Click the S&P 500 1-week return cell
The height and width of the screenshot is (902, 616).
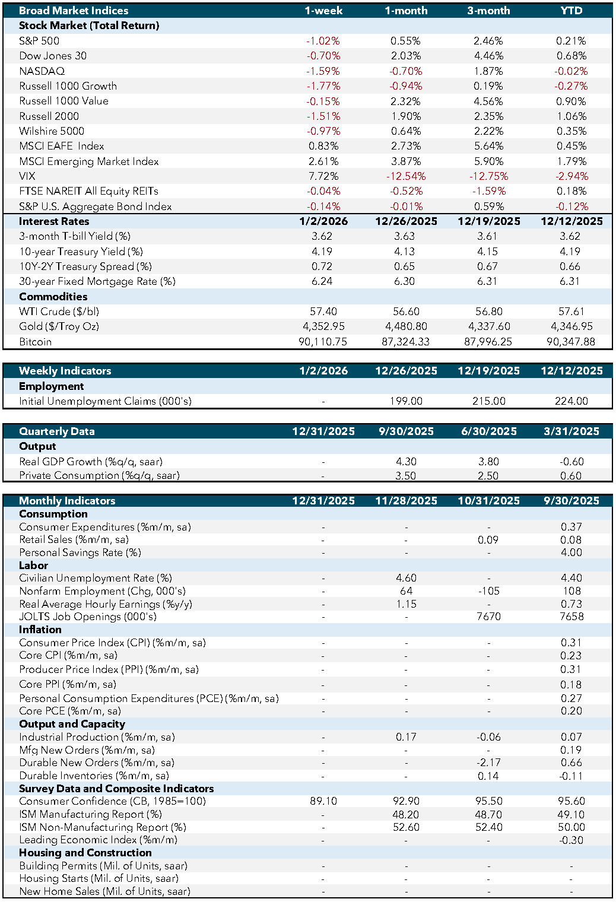[323, 41]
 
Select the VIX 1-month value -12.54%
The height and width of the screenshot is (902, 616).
[406, 176]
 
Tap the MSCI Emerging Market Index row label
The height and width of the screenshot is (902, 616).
[89, 161]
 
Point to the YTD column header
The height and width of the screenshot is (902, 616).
[571, 11]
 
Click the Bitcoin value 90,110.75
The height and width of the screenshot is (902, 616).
[323, 342]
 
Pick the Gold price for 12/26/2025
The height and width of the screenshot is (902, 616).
[406, 326]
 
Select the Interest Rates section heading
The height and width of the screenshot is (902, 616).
[54, 221]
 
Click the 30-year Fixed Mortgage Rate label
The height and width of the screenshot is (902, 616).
[97, 281]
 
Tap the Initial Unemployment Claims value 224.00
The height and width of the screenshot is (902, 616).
[571, 401]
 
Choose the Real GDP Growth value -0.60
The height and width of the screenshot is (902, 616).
[571, 462]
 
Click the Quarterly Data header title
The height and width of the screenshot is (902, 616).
[57, 431]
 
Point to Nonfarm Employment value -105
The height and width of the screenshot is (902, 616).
[488, 591]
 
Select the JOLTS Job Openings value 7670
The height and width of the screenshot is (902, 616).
[488, 617]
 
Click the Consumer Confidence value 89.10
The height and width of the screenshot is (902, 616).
[323, 801]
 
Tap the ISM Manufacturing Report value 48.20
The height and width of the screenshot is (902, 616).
[406, 814]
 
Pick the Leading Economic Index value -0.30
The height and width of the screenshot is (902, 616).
[571, 840]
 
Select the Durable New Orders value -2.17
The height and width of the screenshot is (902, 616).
[488, 763]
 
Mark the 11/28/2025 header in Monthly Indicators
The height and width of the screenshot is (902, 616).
[406, 501]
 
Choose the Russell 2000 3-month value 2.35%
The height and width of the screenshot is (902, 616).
[488, 116]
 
